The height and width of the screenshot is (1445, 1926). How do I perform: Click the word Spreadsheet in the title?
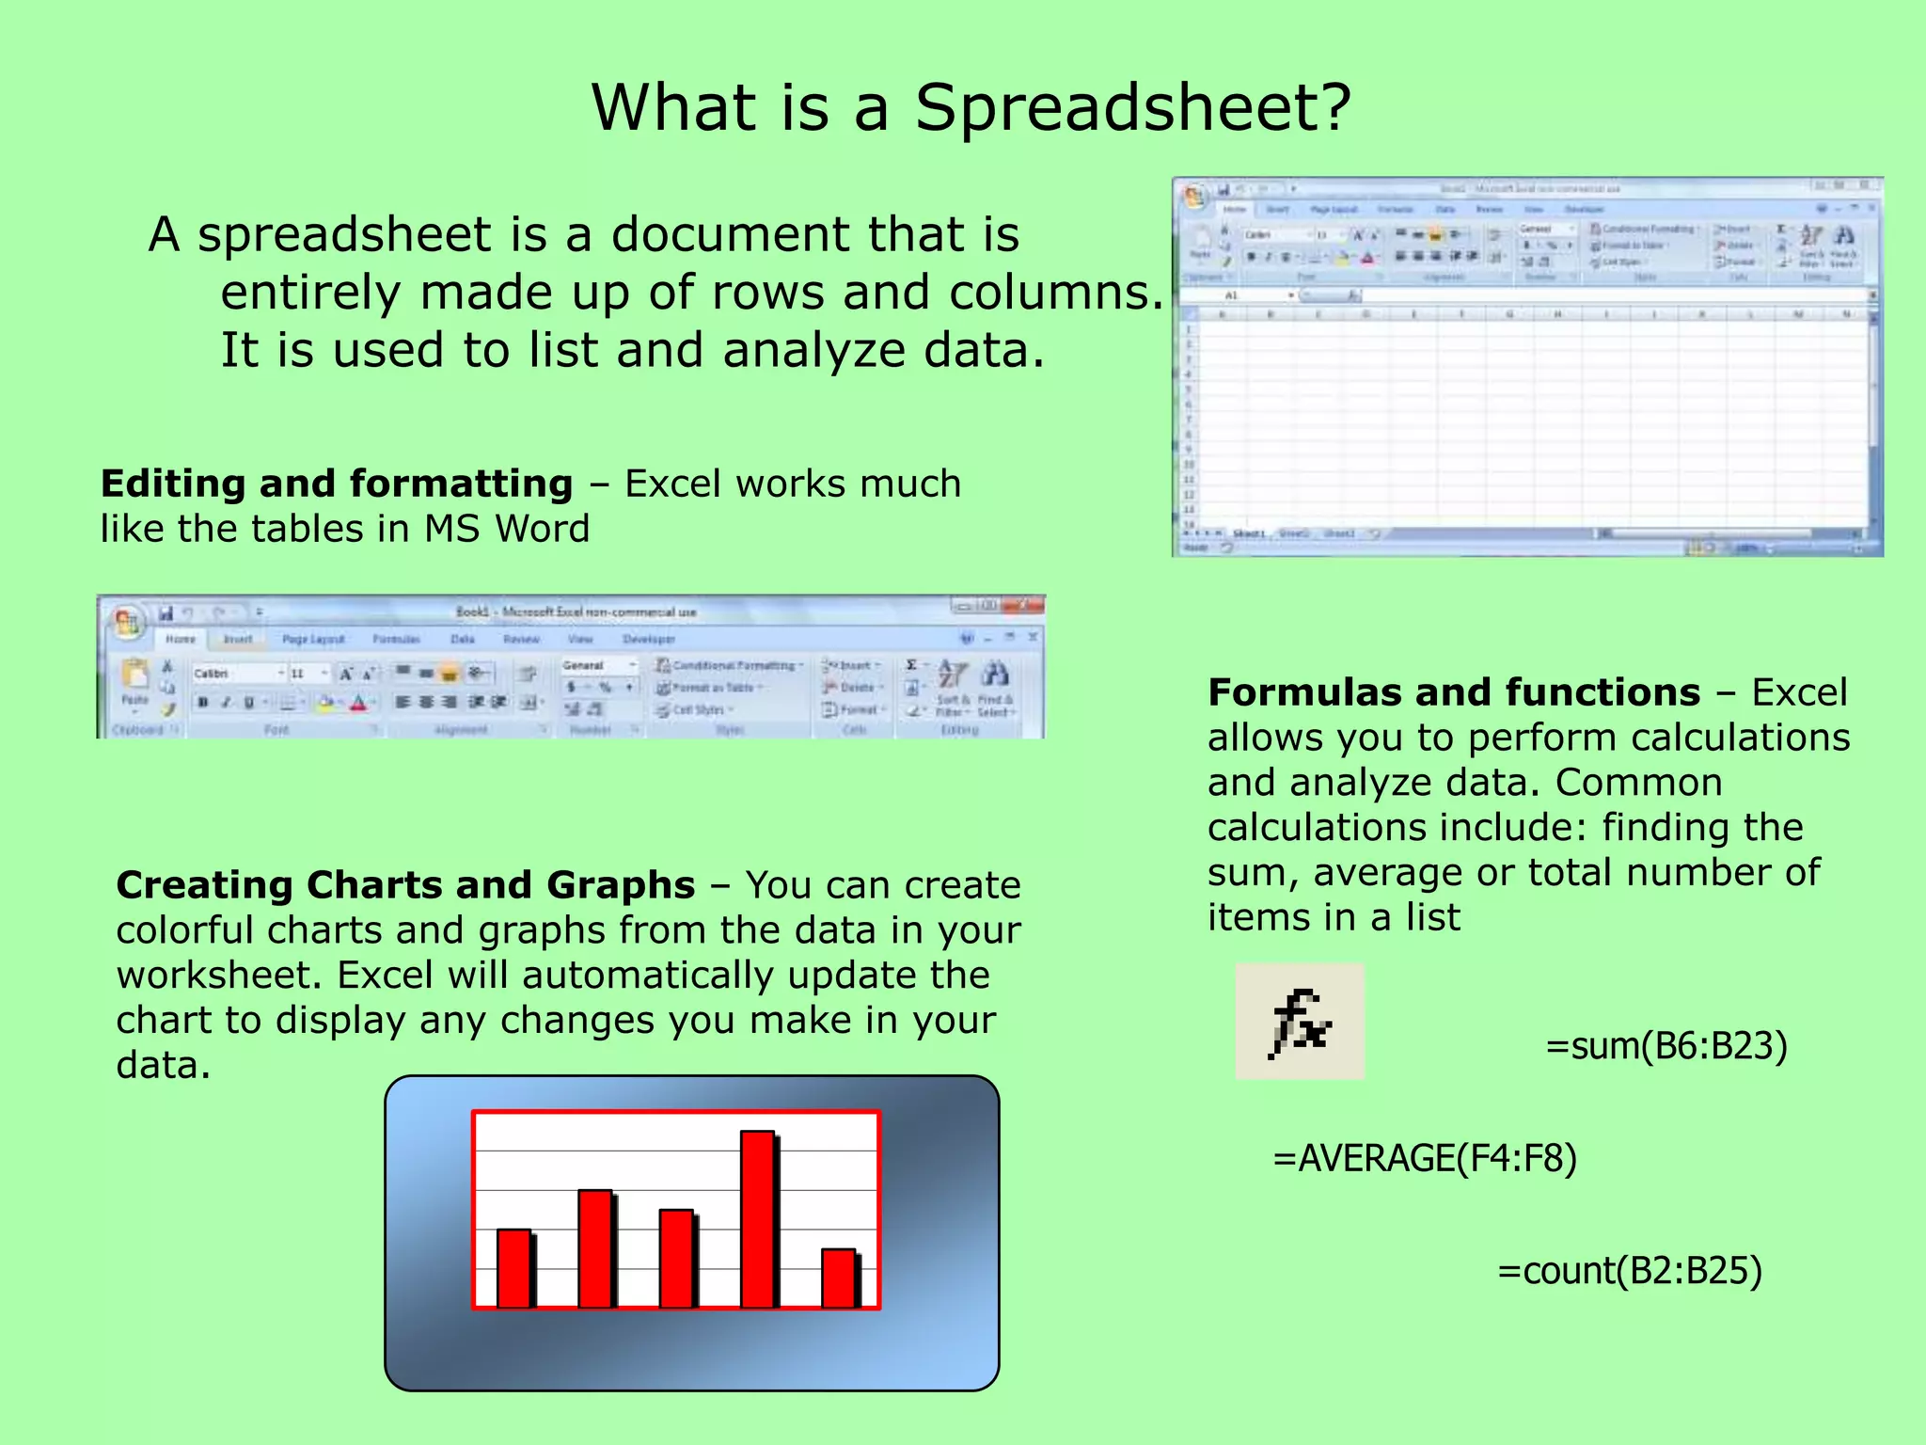1131,107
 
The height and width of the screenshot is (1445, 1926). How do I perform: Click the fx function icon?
1299,1022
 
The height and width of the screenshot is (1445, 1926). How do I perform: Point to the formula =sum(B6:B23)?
1666,1046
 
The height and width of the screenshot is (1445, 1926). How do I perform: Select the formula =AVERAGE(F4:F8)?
1424,1158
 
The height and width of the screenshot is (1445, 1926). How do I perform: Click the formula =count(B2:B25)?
1629,1271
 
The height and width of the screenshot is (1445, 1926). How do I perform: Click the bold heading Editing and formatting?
336,484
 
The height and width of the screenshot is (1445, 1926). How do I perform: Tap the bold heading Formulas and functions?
1453,692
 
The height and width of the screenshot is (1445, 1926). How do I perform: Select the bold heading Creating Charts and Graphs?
405,885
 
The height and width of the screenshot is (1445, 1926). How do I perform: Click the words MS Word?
506,529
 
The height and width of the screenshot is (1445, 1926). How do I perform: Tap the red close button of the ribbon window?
1026,606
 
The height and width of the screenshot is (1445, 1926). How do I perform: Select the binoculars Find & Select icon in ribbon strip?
995,675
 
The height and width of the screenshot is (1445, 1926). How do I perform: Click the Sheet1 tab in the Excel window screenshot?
1248,533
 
